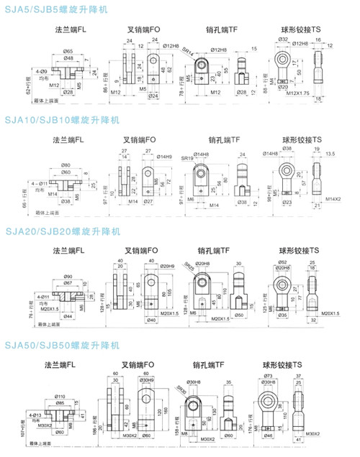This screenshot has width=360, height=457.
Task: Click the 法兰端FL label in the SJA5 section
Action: [x=70, y=31]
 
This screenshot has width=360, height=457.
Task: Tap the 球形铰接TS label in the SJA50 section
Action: [x=295, y=365]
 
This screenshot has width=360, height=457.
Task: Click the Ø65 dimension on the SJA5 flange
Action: [x=68, y=51]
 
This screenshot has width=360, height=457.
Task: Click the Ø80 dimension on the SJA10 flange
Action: [x=66, y=165]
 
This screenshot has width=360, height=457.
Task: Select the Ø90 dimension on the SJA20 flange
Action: [x=68, y=276]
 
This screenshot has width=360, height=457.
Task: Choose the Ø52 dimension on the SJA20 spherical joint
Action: [x=282, y=262]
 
